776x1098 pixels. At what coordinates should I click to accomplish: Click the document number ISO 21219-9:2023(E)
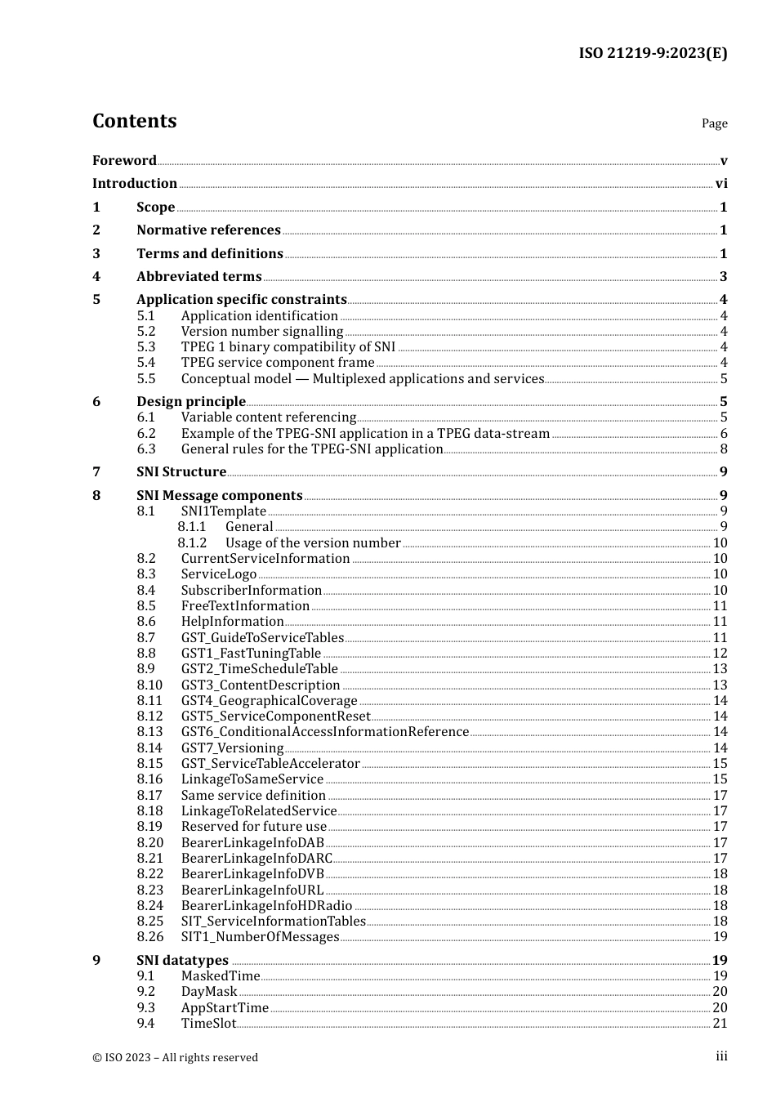(x=653, y=53)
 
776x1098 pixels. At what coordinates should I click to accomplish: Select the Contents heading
(x=134, y=121)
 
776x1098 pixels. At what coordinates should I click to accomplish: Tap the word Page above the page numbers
(x=714, y=123)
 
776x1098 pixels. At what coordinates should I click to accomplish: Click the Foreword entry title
(x=124, y=160)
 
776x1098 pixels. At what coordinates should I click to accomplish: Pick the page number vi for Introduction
(x=721, y=184)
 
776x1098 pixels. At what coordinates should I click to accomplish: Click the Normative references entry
(x=208, y=230)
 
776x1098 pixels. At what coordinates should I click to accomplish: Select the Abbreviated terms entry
(x=198, y=277)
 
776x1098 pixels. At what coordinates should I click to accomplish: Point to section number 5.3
(x=145, y=347)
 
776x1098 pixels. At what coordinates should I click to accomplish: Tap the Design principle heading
(x=190, y=401)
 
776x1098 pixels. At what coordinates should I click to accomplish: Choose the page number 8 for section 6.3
(x=723, y=449)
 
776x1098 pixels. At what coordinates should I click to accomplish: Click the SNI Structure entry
(x=181, y=472)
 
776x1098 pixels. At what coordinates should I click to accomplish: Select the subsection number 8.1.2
(x=192, y=543)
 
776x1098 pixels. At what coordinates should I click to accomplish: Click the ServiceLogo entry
(x=218, y=574)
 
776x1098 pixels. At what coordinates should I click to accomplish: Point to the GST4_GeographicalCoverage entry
(x=269, y=701)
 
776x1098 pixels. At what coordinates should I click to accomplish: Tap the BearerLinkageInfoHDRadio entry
(x=266, y=906)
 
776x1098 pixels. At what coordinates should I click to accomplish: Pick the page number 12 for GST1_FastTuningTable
(x=720, y=654)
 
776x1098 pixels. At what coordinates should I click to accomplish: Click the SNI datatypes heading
(x=182, y=961)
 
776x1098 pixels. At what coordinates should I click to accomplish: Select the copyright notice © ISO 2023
(x=175, y=1057)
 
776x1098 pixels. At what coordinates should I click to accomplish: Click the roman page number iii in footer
(x=721, y=1056)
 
